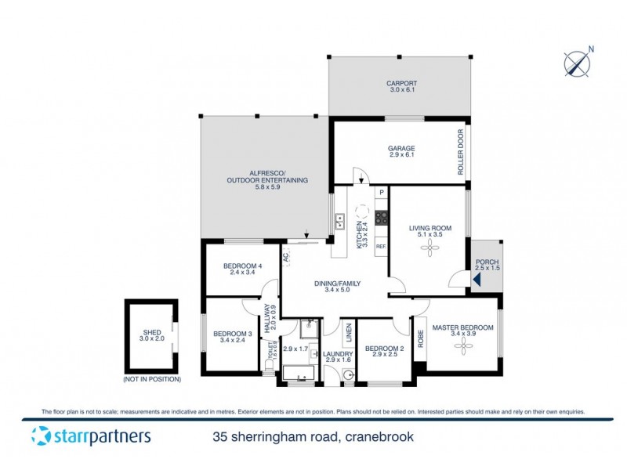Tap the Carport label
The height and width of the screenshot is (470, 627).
[401, 83]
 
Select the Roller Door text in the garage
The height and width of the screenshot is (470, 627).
[461, 152]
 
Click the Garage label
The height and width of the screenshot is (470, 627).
[401, 148]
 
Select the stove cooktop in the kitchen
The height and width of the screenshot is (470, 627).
[382, 218]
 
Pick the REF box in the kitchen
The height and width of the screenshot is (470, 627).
[381, 246]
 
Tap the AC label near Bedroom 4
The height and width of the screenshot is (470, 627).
[287, 256]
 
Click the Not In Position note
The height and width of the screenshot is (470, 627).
[152, 379]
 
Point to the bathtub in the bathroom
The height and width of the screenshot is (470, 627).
[299, 374]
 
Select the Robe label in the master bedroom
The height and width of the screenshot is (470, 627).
[420, 338]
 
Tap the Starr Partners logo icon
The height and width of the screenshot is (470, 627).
[41, 436]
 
